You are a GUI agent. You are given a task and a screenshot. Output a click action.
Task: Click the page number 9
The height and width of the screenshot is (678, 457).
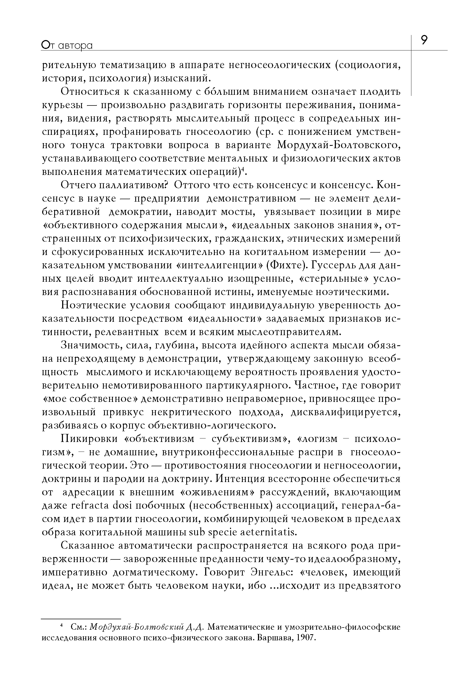click(x=424, y=40)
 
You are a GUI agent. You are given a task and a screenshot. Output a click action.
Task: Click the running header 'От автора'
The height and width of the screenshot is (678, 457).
click(x=67, y=45)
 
